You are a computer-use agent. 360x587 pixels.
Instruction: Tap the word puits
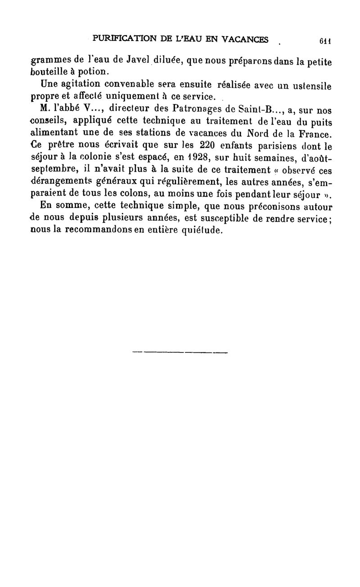click(x=319, y=122)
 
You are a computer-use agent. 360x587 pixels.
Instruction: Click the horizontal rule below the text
click(x=180, y=352)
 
